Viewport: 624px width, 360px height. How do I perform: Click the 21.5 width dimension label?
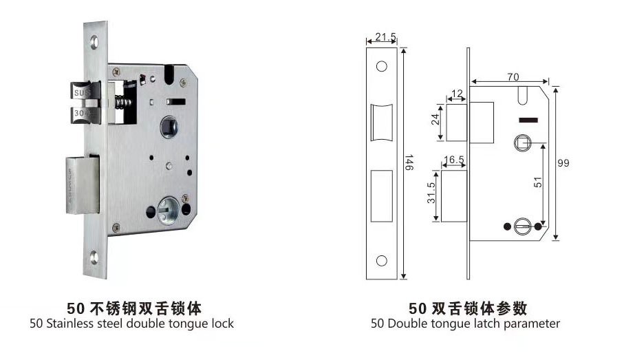[381, 36]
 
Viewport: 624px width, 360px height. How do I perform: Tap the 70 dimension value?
[513, 77]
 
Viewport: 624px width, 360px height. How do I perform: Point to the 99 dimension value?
[564, 162]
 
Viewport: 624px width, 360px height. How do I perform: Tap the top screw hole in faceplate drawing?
[381, 67]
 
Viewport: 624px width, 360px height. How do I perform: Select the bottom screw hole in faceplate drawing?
[381, 260]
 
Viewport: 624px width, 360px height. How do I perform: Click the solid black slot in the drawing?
[527, 122]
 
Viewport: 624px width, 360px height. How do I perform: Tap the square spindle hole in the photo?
[168, 127]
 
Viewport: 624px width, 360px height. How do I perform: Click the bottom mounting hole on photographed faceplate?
[95, 257]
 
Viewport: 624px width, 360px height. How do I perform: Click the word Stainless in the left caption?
[72, 324]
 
